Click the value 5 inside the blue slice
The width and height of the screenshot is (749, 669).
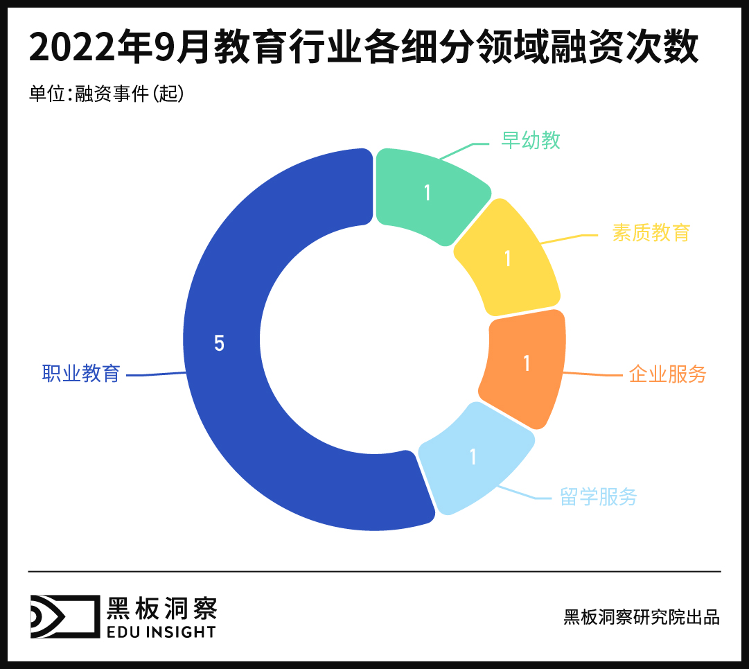(219, 343)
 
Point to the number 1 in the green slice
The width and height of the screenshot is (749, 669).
(428, 193)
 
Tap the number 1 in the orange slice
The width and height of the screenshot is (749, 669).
(527, 363)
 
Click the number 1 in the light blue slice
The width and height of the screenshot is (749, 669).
(473, 457)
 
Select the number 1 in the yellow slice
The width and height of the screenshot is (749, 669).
(508, 259)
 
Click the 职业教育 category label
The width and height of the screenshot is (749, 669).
(81, 374)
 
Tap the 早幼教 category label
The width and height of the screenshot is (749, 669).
(530, 141)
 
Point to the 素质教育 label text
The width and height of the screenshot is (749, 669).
(651, 232)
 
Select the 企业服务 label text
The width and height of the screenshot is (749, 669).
(667, 374)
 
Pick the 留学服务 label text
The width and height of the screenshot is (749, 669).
(598, 496)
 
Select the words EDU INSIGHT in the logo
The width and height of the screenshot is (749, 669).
(161, 632)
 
